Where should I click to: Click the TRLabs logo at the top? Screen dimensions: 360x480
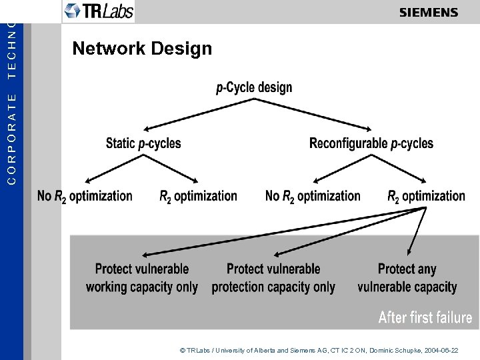point(98,11)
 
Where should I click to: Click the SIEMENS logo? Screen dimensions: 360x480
point(429,12)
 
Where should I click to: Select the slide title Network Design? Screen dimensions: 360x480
point(142,49)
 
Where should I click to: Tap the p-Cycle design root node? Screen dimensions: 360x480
point(254,87)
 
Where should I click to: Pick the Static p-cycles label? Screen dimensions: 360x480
point(143,143)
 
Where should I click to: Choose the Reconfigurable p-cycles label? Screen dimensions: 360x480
point(371,143)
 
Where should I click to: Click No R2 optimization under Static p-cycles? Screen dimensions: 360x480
point(85,196)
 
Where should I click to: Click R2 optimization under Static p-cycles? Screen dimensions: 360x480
point(198,196)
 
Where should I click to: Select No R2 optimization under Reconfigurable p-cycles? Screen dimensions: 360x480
point(313,196)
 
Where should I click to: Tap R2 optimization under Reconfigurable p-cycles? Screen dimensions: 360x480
point(426,196)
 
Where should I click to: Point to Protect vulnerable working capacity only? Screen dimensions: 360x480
point(142,278)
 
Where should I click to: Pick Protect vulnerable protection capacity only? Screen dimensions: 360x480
point(273,278)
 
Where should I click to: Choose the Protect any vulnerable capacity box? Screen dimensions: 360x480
point(407,278)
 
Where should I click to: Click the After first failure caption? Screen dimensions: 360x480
point(425,317)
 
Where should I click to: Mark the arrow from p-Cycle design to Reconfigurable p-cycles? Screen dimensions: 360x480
point(313,114)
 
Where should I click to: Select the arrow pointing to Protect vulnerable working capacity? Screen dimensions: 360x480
point(280,233)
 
